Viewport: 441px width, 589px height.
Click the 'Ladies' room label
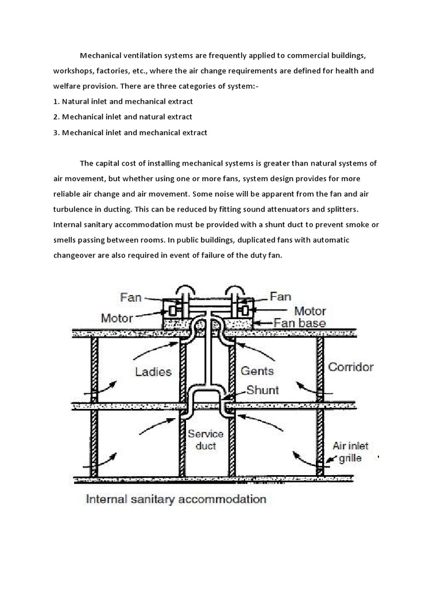(x=153, y=371)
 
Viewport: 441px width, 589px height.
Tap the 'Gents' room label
(x=256, y=371)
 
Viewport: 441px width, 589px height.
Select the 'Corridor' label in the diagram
(x=351, y=366)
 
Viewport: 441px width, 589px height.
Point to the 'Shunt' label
(x=262, y=391)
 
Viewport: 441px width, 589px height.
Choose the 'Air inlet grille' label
(x=351, y=452)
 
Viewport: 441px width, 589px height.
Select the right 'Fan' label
(x=281, y=297)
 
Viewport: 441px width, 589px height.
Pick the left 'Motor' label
(x=117, y=317)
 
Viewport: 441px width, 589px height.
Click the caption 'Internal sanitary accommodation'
(x=176, y=499)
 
